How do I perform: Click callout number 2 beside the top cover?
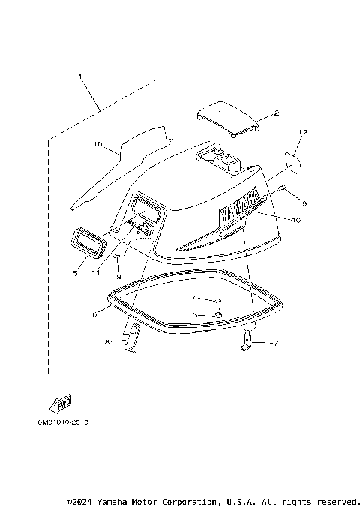coord(276,113)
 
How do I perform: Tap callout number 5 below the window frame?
coord(75,274)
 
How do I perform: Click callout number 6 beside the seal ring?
coord(94,315)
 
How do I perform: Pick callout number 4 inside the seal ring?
coord(193,299)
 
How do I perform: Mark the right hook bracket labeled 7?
coord(247,341)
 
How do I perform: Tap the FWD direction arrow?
coord(61,404)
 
